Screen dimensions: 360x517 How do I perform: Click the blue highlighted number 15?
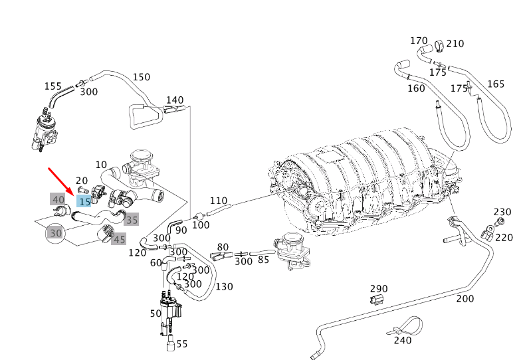[84, 201]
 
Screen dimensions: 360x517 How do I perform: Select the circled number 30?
[56, 232]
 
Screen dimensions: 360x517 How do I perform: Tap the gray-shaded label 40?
[58, 199]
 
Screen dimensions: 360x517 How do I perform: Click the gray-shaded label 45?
[119, 239]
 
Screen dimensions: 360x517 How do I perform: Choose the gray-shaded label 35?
[132, 219]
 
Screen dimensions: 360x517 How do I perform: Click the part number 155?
[53, 86]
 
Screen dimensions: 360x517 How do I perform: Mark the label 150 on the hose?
[142, 76]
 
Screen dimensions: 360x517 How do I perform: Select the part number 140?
[174, 100]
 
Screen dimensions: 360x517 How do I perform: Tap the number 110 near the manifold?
[219, 201]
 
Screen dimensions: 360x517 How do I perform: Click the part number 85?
[263, 259]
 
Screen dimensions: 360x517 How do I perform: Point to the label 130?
[224, 286]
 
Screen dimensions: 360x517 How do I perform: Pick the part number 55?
[182, 344]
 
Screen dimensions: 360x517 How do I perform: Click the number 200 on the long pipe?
[465, 298]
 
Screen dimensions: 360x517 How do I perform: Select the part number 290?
[379, 289]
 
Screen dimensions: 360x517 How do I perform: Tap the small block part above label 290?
[375, 302]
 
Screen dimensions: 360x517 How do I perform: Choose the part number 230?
[502, 213]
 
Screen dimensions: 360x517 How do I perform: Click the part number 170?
[419, 41]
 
